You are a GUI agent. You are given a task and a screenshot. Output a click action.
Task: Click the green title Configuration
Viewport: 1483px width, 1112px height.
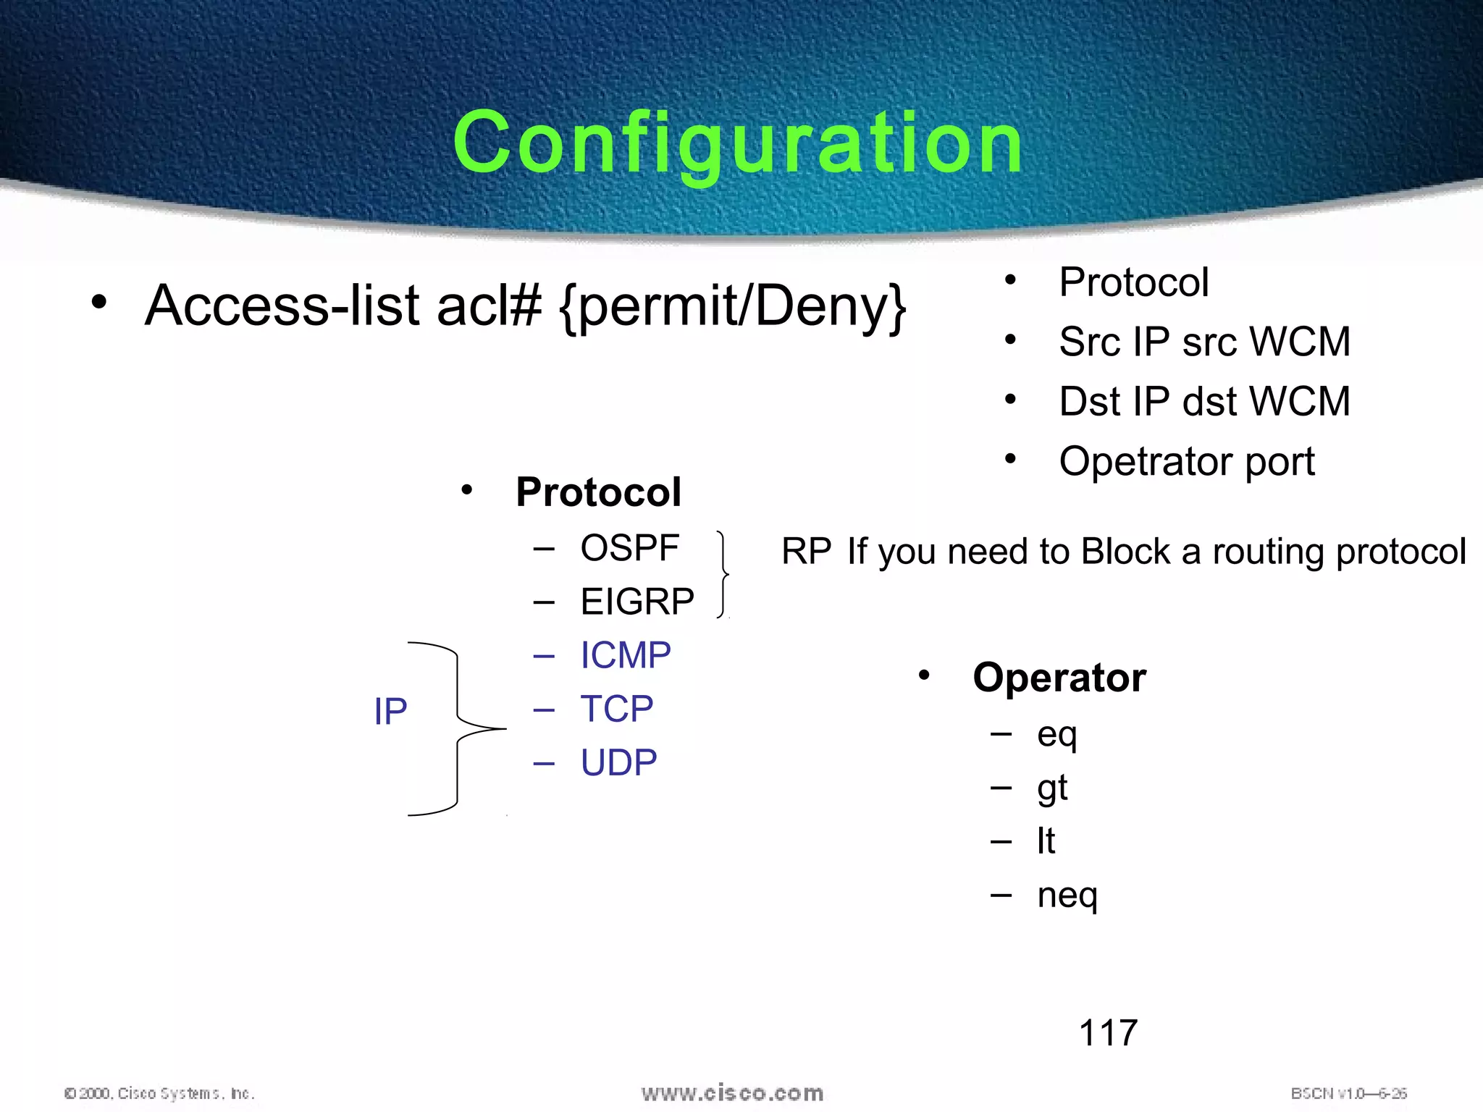737,143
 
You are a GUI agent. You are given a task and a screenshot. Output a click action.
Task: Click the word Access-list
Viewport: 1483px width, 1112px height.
282,306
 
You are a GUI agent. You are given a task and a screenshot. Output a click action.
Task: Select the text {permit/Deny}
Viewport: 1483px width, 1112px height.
733,307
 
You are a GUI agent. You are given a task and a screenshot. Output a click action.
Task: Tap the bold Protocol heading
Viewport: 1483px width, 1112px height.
598,492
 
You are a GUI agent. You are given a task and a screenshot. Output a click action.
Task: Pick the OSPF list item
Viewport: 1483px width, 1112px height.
629,548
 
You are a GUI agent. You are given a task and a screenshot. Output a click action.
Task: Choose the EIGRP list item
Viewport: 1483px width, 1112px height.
637,602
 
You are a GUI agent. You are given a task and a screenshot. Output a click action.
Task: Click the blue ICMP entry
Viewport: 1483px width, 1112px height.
626,655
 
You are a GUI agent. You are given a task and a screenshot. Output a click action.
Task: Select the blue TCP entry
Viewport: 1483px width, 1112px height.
617,709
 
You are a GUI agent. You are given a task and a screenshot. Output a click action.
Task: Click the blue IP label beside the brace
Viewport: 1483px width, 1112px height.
390,712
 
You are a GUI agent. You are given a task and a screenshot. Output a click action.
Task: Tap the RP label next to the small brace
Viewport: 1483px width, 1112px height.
806,552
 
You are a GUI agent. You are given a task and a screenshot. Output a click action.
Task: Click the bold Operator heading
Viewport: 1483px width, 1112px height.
1059,678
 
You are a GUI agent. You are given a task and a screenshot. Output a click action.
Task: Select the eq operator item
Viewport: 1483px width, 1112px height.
1056,735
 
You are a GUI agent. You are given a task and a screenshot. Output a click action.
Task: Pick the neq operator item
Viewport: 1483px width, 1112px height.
1067,896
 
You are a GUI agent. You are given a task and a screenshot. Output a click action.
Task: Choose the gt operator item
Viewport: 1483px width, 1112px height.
1052,788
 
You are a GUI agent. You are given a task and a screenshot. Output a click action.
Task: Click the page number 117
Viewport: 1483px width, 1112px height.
1108,1032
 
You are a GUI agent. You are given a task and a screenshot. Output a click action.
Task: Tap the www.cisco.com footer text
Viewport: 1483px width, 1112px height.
732,1092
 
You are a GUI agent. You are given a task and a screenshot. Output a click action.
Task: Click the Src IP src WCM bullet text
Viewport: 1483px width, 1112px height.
1203,342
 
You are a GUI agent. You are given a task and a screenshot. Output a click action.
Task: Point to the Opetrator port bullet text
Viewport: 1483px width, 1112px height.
1186,461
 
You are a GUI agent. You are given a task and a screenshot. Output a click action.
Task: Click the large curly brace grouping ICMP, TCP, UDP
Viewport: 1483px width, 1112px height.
458,728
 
